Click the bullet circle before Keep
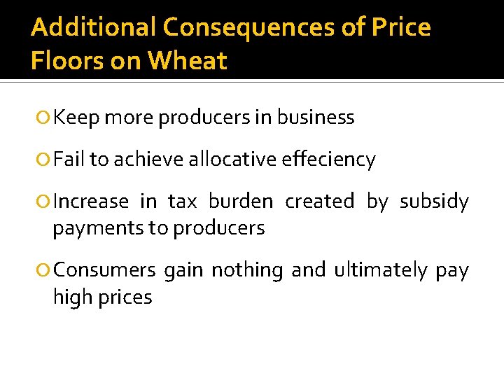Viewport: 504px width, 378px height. pyautogui.click(x=45, y=118)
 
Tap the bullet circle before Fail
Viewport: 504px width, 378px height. pyautogui.click(x=45, y=160)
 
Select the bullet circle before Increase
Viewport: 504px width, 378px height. pyautogui.click(x=45, y=202)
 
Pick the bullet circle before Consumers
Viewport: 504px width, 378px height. pyautogui.click(x=45, y=271)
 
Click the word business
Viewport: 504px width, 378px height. pyautogui.click(x=316, y=118)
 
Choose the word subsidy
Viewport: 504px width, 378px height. pyautogui.click(x=434, y=202)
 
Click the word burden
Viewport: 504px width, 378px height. pyautogui.click(x=241, y=202)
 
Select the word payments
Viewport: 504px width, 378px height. pyautogui.click(x=88, y=228)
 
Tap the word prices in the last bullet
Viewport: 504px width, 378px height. pyautogui.click(x=127, y=297)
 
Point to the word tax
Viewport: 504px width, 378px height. pyautogui.click(x=183, y=202)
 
